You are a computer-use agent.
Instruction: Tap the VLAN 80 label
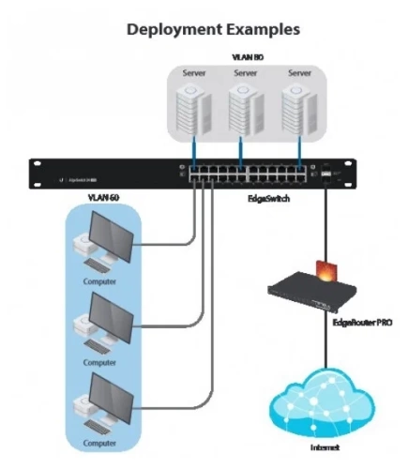click(x=245, y=57)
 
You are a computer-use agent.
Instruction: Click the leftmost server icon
click(x=193, y=104)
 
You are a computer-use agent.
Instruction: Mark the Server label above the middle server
click(x=245, y=72)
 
